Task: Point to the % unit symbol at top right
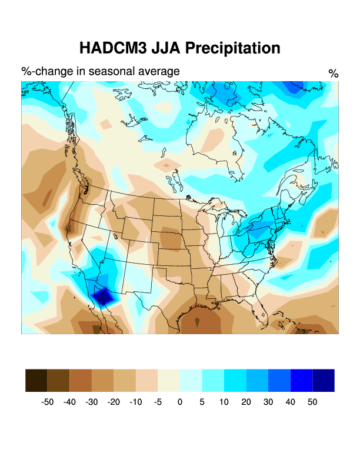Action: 334,74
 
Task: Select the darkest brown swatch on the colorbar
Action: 36,380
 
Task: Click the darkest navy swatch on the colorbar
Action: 324,380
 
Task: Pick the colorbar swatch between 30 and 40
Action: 279,380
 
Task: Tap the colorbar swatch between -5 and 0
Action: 169,380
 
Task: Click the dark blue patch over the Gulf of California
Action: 104,297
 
